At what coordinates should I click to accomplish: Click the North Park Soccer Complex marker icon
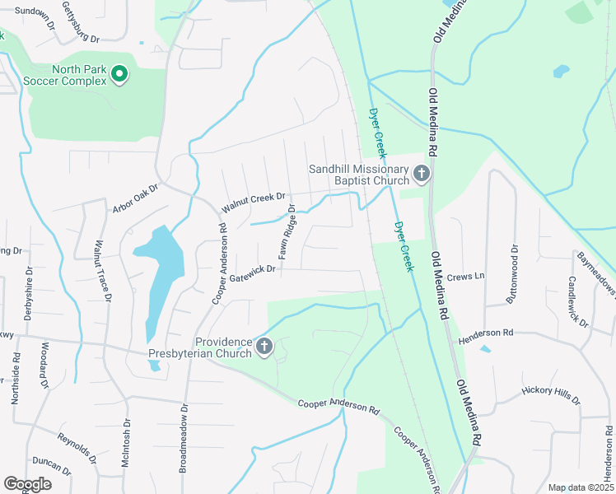tap(119, 75)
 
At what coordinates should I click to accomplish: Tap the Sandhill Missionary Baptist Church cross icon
tap(422, 174)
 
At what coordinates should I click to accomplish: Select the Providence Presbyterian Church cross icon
tap(264, 347)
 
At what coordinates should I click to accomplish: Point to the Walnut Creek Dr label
tap(253, 203)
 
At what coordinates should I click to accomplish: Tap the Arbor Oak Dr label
tap(135, 199)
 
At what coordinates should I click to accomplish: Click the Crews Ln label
tap(465, 277)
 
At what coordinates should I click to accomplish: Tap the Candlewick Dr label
tap(577, 301)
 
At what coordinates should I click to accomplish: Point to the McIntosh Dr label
tap(126, 442)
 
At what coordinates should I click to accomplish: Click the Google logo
tap(27, 484)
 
